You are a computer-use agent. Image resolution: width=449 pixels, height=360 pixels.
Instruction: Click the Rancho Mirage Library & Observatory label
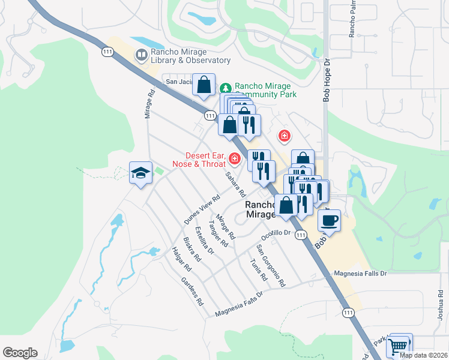(190, 56)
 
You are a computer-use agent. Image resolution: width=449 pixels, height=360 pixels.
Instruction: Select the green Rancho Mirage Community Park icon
(226, 87)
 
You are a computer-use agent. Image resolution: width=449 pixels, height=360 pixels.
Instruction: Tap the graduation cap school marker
(140, 173)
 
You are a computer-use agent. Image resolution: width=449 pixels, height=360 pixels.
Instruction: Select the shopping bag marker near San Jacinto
(204, 85)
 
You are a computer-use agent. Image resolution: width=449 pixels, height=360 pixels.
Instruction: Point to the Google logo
(20, 353)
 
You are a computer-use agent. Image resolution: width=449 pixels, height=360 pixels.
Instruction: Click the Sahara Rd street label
(235, 185)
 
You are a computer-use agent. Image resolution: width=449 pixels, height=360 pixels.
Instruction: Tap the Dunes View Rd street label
(199, 212)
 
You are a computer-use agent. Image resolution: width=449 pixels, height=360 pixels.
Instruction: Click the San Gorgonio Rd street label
(271, 265)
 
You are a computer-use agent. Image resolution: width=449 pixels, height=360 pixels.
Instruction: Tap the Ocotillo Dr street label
(277, 232)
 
